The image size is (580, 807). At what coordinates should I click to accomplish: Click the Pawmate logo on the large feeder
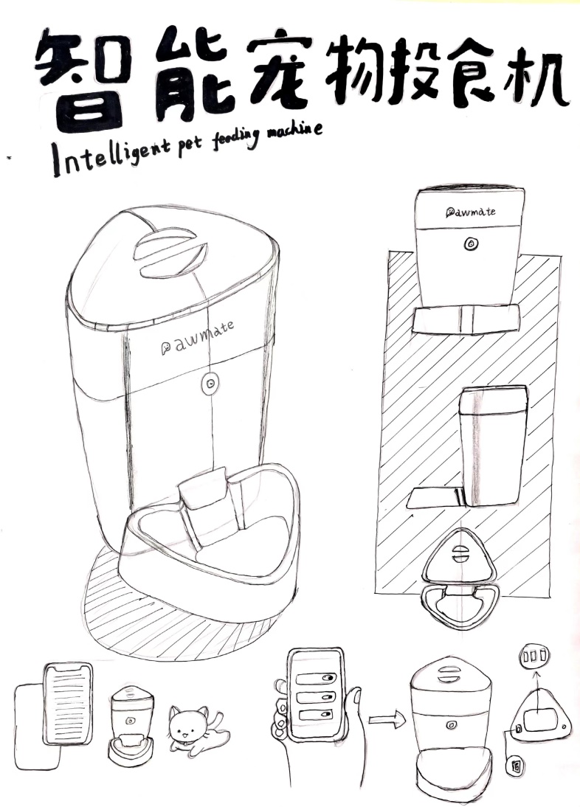(x=198, y=339)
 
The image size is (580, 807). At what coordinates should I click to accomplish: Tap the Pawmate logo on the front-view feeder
(x=471, y=211)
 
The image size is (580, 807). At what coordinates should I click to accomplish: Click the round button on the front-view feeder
(x=470, y=243)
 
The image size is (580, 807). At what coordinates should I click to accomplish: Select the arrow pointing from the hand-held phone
(x=387, y=719)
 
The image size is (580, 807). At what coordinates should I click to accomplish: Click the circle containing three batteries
(x=535, y=656)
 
